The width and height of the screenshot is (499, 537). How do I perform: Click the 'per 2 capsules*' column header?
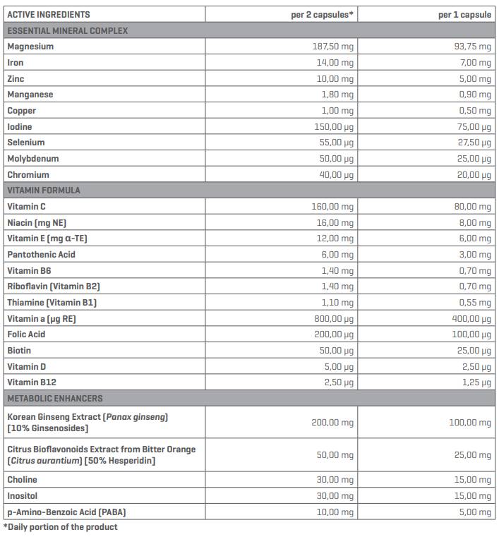(x=322, y=14)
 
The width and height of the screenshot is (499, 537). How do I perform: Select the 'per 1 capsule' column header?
(x=464, y=14)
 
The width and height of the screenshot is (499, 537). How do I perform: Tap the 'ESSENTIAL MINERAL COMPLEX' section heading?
(x=67, y=30)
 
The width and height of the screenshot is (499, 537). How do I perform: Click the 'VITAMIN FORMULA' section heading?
(x=44, y=190)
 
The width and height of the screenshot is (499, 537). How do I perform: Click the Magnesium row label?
(x=30, y=47)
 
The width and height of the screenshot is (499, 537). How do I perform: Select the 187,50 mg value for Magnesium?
(x=333, y=47)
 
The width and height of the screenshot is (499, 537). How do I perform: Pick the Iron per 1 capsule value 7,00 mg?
(x=473, y=63)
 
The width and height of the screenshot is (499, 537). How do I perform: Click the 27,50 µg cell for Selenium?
(x=472, y=143)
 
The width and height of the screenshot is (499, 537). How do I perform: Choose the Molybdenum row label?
(x=33, y=159)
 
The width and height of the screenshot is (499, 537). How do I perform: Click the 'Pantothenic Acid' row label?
(x=41, y=254)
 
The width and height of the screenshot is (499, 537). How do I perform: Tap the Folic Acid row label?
(x=28, y=334)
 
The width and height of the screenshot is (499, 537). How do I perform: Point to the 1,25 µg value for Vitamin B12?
(x=474, y=382)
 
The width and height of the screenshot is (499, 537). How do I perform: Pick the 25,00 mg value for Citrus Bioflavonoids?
(x=472, y=455)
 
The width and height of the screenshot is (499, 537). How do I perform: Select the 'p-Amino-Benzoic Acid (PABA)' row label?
(x=66, y=512)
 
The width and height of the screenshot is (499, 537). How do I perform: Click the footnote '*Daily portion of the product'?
(x=61, y=527)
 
